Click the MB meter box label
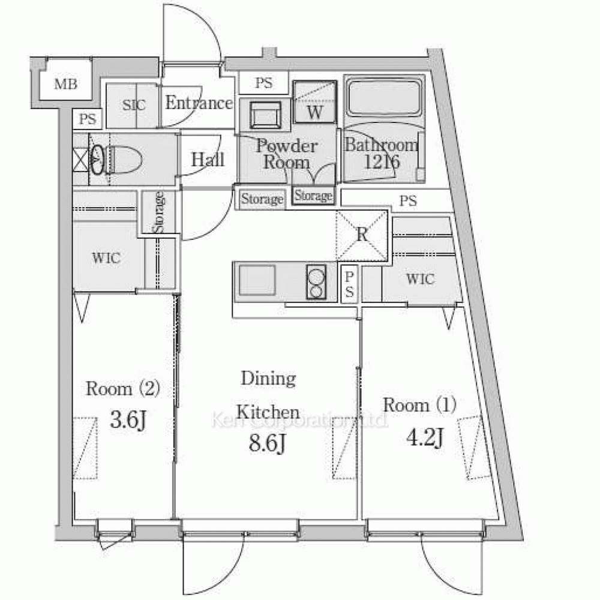66,83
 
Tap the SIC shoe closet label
134,104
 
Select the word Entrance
199,103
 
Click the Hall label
208,159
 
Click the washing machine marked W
314,102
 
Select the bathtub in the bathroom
384,98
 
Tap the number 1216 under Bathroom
382,162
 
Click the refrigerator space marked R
362,235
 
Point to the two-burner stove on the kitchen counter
316,281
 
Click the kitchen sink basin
257,280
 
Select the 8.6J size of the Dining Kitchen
267,443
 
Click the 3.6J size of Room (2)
128,420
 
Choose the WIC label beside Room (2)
106,258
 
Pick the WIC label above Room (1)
421,279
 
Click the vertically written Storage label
159,212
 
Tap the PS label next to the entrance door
264,83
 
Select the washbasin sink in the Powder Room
265,115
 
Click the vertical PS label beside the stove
349,284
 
